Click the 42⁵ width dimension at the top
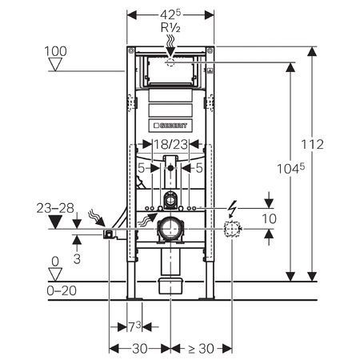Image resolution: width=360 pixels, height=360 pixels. (170, 14)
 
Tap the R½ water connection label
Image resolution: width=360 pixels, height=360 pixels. (170, 28)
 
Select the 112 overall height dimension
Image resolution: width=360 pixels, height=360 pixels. (312, 144)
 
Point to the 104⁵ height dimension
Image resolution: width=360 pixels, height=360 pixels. (290, 168)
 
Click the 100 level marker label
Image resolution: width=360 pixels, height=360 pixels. (55, 51)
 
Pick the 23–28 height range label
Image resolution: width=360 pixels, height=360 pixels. (55, 208)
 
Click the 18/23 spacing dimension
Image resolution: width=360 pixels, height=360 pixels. (170, 144)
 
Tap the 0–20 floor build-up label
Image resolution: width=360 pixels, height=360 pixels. (62, 290)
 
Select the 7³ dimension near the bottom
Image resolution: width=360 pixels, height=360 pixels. (134, 327)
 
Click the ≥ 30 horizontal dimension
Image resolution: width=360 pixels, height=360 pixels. (201, 349)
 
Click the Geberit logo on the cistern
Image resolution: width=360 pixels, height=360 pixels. (170, 126)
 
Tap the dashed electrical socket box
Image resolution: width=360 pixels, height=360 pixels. (232, 229)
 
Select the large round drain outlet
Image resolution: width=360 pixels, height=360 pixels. (170, 229)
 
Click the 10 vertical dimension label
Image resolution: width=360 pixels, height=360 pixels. (269, 219)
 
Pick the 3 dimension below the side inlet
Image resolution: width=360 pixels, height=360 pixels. (77, 258)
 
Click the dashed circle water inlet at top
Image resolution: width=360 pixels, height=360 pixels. (170, 62)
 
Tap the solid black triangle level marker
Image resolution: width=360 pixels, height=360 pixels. (55, 222)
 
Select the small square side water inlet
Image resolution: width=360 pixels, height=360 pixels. (108, 234)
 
